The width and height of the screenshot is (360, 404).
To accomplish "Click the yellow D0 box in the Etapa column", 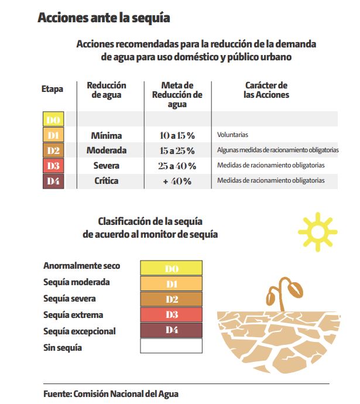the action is (53, 119).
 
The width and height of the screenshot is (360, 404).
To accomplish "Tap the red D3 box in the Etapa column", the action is (53, 166).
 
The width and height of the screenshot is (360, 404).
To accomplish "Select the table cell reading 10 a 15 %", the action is (177, 135).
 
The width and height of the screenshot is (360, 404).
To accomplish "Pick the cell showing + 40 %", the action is (177, 181).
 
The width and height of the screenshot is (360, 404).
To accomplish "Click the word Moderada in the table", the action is (107, 150).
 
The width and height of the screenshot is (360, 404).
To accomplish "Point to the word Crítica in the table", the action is (107, 180).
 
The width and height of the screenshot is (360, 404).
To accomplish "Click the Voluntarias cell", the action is (232, 135).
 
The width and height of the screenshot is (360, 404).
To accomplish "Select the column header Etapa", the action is (52, 89).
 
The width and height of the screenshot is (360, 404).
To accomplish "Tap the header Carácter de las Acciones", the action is (266, 90).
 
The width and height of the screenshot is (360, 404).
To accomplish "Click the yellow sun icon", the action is (318, 232).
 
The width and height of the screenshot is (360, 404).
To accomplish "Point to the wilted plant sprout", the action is (284, 294).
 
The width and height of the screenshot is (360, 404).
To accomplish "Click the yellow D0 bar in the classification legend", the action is (172, 268).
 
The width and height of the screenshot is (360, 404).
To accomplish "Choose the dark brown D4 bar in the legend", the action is (172, 330).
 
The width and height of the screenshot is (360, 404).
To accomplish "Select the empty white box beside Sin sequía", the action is (172, 346).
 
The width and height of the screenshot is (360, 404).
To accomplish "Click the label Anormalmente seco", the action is (81, 266).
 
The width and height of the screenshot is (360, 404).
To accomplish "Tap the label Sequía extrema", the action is (73, 315).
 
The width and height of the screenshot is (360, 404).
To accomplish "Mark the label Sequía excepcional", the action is (79, 331).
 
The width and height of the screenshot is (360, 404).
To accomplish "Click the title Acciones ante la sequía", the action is (104, 18).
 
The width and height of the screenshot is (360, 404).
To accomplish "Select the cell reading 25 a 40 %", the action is (177, 166).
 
